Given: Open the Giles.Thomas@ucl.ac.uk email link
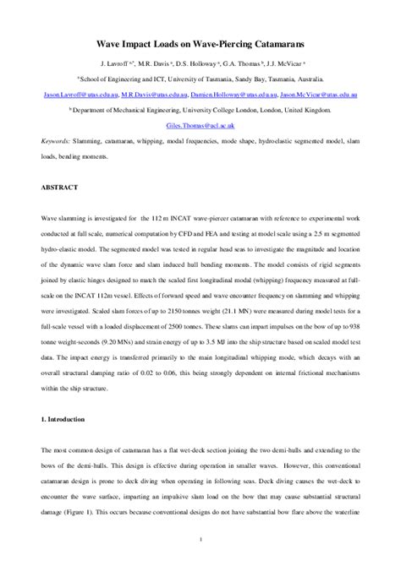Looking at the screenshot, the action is click(x=200, y=125).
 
